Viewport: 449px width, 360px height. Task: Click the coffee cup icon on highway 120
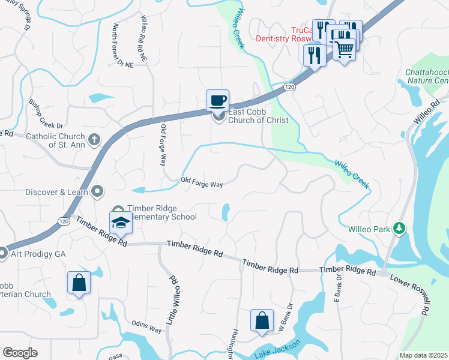[x=217, y=100]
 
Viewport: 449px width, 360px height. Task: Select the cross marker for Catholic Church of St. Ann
[x=93, y=140]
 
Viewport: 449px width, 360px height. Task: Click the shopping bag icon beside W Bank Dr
[x=262, y=320]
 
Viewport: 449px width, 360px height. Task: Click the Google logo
[x=20, y=353]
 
